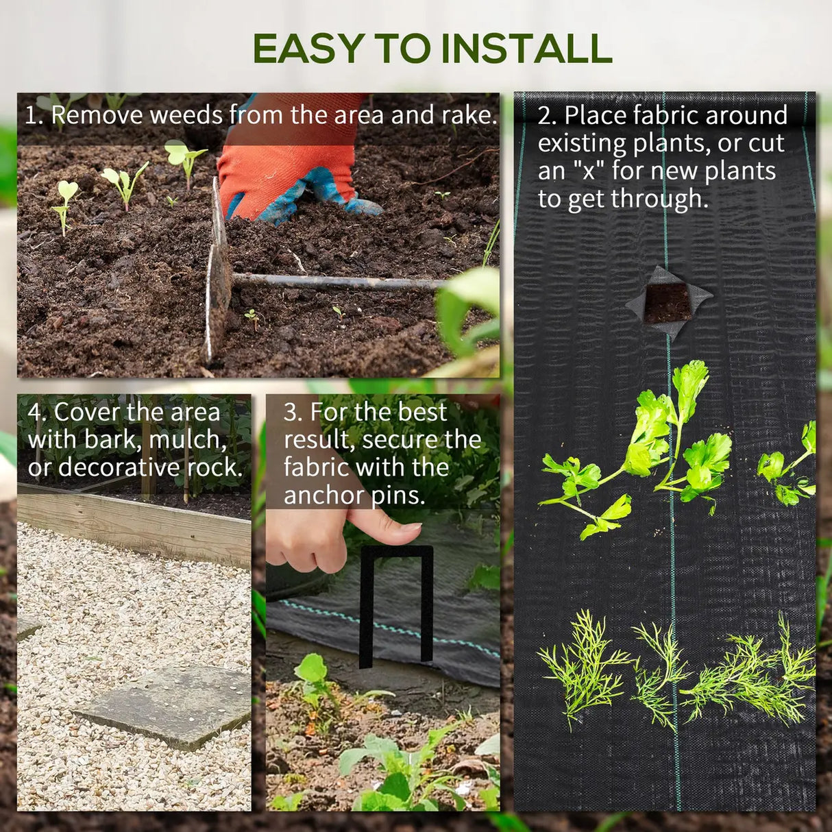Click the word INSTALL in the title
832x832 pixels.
pos(526,49)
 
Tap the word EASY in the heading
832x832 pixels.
pos(308,49)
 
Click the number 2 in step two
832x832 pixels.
pos(544,116)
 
